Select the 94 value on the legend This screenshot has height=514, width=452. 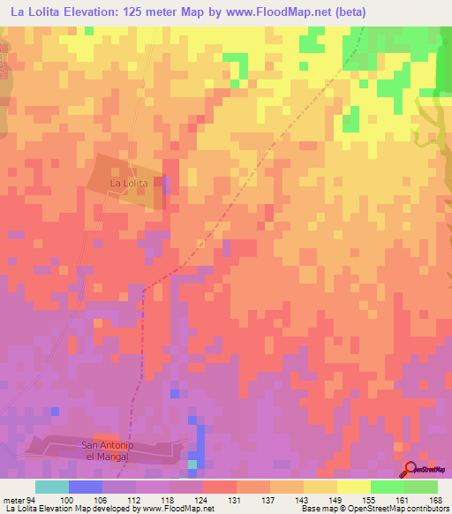(x=31, y=500)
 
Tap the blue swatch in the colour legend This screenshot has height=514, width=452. (x=86, y=487)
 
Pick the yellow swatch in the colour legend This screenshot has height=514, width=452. (x=320, y=487)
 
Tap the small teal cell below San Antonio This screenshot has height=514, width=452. (x=192, y=464)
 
